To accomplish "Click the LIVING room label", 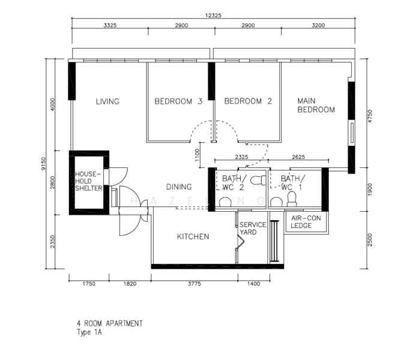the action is click(x=107, y=101).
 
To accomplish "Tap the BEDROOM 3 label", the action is click(x=178, y=101).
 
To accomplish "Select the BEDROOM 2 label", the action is click(x=248, y=101).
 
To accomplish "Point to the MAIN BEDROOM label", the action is click(x=316, y=105).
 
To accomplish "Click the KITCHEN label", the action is click(x=193, y=236).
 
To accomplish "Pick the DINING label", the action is click(x=179, y=187).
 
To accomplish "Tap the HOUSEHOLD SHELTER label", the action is click(x=88, y=181).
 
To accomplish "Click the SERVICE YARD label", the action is click(x=253, y=228).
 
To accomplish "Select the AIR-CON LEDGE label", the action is click(x=306, y=222).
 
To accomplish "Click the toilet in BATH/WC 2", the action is click(x=259, y=180).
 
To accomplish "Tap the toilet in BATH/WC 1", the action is click(x=292, y=199).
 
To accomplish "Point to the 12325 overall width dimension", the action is click(x=213, y=16).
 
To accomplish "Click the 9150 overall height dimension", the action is click(x=43, y=164).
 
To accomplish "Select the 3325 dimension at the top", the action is click(x=110, y=25).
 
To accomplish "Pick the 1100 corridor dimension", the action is click(x=197, y=155).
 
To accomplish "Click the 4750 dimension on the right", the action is click(x=370, y=116).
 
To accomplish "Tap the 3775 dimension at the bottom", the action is click(x=194, y=284).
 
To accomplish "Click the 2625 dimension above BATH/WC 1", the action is click(x=298, y=157).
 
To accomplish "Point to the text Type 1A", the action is click(x=89, y=332).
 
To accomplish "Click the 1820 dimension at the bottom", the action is click(x=130, y=284).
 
